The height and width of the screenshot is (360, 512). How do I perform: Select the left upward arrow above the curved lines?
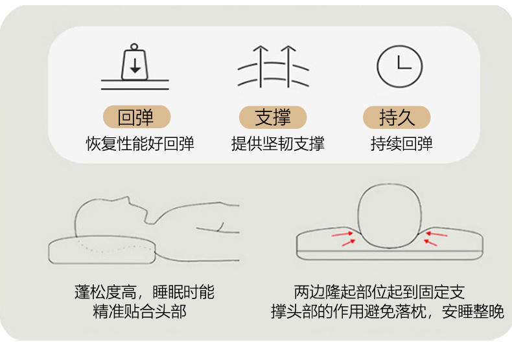click(x=261, y=66)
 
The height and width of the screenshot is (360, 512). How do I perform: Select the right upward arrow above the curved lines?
click(x=288, y=66)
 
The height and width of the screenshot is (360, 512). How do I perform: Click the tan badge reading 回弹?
click(x=137, y=117)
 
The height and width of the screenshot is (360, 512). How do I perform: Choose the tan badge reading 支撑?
click(x=273, y=117)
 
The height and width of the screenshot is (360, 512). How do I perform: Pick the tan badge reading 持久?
click(x=397, y=117)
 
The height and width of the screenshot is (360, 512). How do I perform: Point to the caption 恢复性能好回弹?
click(x=140, y=144)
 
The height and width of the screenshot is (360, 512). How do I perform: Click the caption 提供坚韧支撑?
click(x=278, y=144)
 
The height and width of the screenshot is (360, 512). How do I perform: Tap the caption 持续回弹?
click(x=401, y=144)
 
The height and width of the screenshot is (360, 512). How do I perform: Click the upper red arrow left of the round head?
click(x=342, y=234)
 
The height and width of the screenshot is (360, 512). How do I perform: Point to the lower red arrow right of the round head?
click(x=431, y=242)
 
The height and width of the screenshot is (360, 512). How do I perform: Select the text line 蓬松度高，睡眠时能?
click(x=145, y=292)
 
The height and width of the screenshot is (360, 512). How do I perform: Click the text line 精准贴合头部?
click(x=140, y=311)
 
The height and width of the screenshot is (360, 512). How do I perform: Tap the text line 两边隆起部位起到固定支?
click(x=379, y=292)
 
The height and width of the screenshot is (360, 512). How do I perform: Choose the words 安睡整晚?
click(x=473, y=311)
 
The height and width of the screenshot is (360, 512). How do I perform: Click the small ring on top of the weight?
click(x=134, y=47)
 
